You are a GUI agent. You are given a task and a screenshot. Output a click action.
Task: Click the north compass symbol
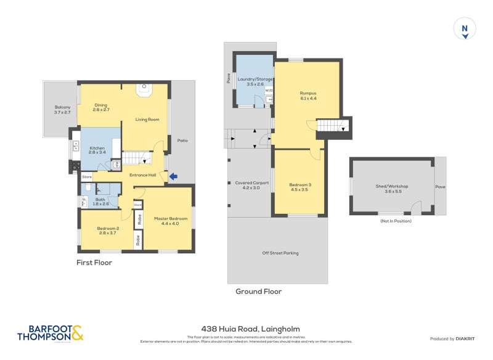coord(465,30)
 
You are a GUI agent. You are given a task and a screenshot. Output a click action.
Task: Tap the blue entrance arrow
coord(174,177)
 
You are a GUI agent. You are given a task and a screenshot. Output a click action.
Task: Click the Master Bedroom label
coord(171,221)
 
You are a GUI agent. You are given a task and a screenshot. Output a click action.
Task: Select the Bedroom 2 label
coord(108,231)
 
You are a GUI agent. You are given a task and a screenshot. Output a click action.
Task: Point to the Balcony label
coord(62,110)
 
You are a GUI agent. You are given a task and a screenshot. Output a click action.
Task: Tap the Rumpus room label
coord(308,96)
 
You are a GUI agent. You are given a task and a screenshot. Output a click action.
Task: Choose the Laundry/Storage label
coord(255,81)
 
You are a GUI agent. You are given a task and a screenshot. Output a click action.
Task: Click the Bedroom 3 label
coord(299,187)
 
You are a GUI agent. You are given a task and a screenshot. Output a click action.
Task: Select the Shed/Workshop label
coord(392,189)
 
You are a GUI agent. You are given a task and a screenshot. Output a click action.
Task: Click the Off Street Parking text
coord(280,253)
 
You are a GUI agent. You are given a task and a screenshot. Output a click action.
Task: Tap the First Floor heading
coord(94,263)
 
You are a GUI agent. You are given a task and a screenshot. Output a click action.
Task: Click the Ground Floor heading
coord(259,292)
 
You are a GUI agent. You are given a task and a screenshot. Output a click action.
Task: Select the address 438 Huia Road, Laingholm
coord(250,329)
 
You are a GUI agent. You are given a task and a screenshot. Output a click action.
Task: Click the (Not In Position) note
coord(396,221)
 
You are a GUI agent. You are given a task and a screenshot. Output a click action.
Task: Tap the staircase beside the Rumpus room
coord(332,126)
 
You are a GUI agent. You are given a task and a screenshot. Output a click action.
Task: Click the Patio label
coord(182,141)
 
